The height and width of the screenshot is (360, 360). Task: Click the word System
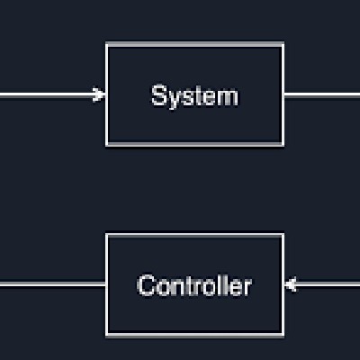click(194, 96)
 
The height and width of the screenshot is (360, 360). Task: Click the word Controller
click(194, 285)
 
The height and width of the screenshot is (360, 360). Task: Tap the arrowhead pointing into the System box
click(99, 94)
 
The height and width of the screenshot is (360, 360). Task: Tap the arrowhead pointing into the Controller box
click(291, 283)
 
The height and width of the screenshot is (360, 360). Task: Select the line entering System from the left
click(53, 95)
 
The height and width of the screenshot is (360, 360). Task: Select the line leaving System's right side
click(322, 95)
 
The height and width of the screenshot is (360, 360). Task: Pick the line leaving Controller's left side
click(53, 284)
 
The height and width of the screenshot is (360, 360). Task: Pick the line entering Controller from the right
click(322, 283)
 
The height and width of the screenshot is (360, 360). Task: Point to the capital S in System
click(159, 95)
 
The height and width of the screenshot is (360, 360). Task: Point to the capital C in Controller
click(147, 285)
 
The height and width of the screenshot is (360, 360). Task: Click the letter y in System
click(175, 99)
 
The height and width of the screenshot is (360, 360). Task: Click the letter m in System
click(228, 98)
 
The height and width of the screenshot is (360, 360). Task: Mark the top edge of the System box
click(195, 44)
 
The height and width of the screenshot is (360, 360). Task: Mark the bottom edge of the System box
click(195, 144)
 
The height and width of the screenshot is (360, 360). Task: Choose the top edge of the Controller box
click(195, 235)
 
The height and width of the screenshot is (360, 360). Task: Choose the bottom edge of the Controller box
click(195, 335)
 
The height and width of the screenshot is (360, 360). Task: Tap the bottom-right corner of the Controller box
click(283, 336)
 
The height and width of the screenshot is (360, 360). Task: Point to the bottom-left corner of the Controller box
click(107, 336)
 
